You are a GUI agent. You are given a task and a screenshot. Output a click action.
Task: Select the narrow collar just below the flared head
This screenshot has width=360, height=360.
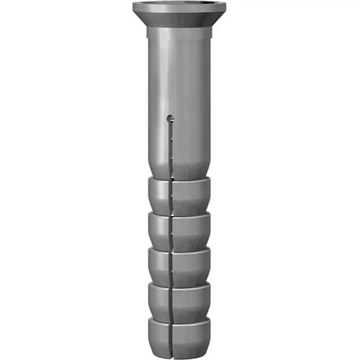(179, 33)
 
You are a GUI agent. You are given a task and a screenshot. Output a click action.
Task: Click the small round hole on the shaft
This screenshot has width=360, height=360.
(171, 117)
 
